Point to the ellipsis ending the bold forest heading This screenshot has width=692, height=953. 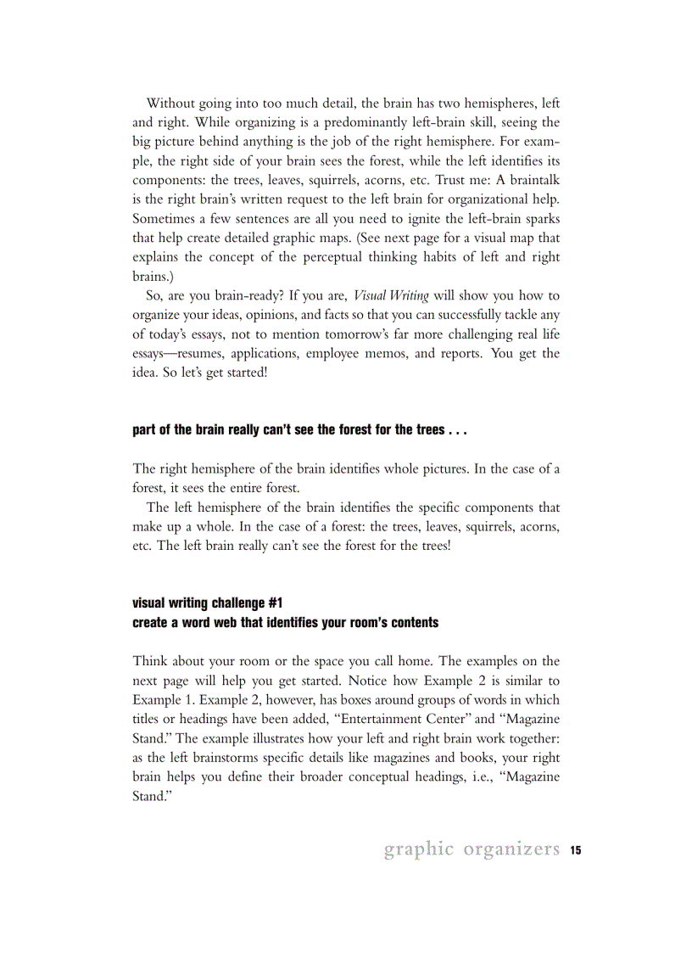coord(455,430)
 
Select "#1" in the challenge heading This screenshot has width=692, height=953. coord(275,603)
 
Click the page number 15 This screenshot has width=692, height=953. coord(575,850)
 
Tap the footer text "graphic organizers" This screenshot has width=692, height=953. coord(472,849)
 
